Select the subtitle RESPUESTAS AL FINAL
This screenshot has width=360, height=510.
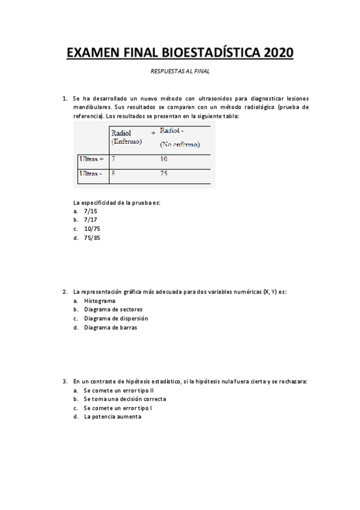point(180,71)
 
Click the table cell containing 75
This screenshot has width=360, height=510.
point(164,173)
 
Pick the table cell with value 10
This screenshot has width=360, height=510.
point(164,159)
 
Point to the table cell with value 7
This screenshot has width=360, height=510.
point(113,159)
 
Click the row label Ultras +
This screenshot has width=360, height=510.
point(91,159)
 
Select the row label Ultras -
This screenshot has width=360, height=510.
point(91,173)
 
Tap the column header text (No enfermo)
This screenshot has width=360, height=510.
point(180,144)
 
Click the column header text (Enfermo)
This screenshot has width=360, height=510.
point(127,141)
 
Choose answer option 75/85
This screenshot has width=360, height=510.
point(92,238)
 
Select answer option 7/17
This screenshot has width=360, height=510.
point(90,220)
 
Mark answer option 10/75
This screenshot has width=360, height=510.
point(92,229)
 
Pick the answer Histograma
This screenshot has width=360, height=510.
point(100,301)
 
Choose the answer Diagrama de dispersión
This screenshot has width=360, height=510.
point(116,318)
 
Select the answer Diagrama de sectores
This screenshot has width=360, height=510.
point(113,309)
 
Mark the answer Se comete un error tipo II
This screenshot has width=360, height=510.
point(119,390)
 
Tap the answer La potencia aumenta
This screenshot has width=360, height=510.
point(112,416)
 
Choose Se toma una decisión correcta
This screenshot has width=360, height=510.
point(125,399)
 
